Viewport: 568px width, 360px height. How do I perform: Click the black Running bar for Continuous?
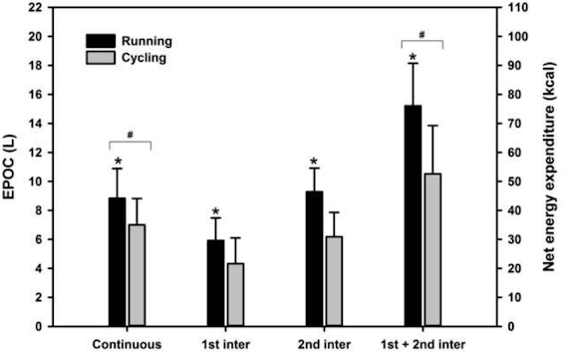(x=118, y=261)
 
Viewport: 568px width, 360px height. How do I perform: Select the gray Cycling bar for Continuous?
(x=138, y=275)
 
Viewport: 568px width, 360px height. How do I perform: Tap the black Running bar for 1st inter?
(x=216, y=283)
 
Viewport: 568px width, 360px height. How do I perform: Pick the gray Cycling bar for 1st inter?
(x=236, y=294)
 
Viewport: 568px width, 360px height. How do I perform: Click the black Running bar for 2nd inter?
(x=315, y=258)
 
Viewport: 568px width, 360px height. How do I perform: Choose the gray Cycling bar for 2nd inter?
(x=335, y=281)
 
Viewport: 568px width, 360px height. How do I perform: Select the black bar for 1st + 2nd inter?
(x=413, y=215)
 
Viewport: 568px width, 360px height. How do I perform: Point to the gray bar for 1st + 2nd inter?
(x=432, y=249)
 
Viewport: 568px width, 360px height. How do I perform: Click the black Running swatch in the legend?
(x=101, y=41)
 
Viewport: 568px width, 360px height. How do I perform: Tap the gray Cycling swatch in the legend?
(x=101, y=58)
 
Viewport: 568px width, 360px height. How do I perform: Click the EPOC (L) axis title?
(x=9, y=167)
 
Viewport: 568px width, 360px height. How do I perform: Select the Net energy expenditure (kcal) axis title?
(x=549, y=167)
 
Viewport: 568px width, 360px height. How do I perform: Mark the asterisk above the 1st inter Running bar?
(x=216, y=211)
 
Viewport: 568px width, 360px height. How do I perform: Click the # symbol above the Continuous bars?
(x=131, y=135)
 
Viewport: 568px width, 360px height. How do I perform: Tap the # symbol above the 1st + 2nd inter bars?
(x=423, y=35)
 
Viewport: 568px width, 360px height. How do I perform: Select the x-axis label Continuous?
(x=127, y=344)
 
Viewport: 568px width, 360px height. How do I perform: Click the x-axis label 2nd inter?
(x=324, y=344)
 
